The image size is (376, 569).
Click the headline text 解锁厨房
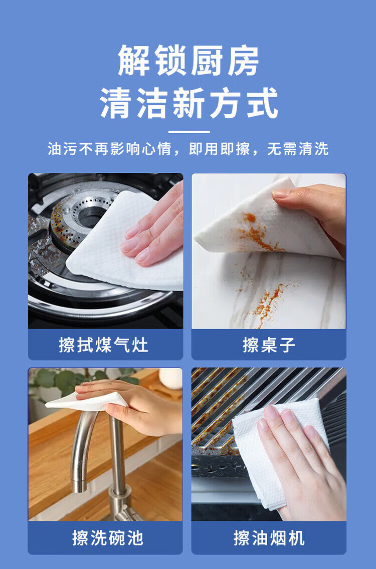click(188, 61)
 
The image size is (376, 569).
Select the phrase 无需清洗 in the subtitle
click(298, 149)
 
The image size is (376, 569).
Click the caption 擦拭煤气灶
click(104, 345)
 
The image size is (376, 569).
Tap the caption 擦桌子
click(269, 345)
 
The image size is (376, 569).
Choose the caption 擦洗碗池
click(108, 538)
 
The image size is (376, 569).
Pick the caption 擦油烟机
click(269, 538)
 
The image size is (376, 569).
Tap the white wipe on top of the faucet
click(87, 401)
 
